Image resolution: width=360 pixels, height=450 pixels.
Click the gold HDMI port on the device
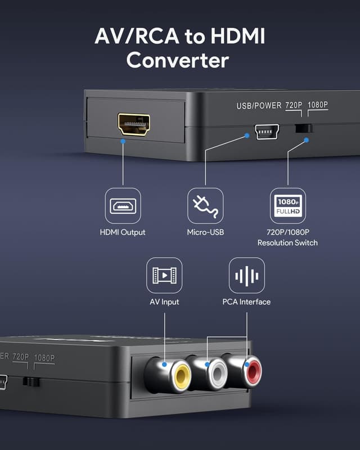pos(134,124)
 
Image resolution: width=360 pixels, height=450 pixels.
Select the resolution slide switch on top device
pos(304,128)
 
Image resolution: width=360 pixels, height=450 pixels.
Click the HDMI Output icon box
pos(123,206)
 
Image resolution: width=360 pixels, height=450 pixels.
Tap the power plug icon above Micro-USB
pos(205,206)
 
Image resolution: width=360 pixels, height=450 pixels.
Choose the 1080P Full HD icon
pos(287,206)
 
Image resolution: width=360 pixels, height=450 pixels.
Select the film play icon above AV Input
pos(164,276)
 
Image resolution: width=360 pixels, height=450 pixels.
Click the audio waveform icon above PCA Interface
pos(246,276)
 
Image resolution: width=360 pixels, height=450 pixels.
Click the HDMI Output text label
pos(123,232)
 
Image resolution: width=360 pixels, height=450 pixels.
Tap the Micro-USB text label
pos(205,232)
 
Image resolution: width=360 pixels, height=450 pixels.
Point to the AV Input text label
pos(164,302)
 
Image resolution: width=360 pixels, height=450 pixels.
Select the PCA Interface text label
pos(246,302)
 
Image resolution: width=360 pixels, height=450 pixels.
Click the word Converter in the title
pos(178,60)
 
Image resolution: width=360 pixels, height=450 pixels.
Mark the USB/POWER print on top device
pos(258,106)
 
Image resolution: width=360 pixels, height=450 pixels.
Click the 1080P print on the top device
pos(318,105)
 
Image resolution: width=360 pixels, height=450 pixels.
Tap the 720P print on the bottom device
pos(21,357)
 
